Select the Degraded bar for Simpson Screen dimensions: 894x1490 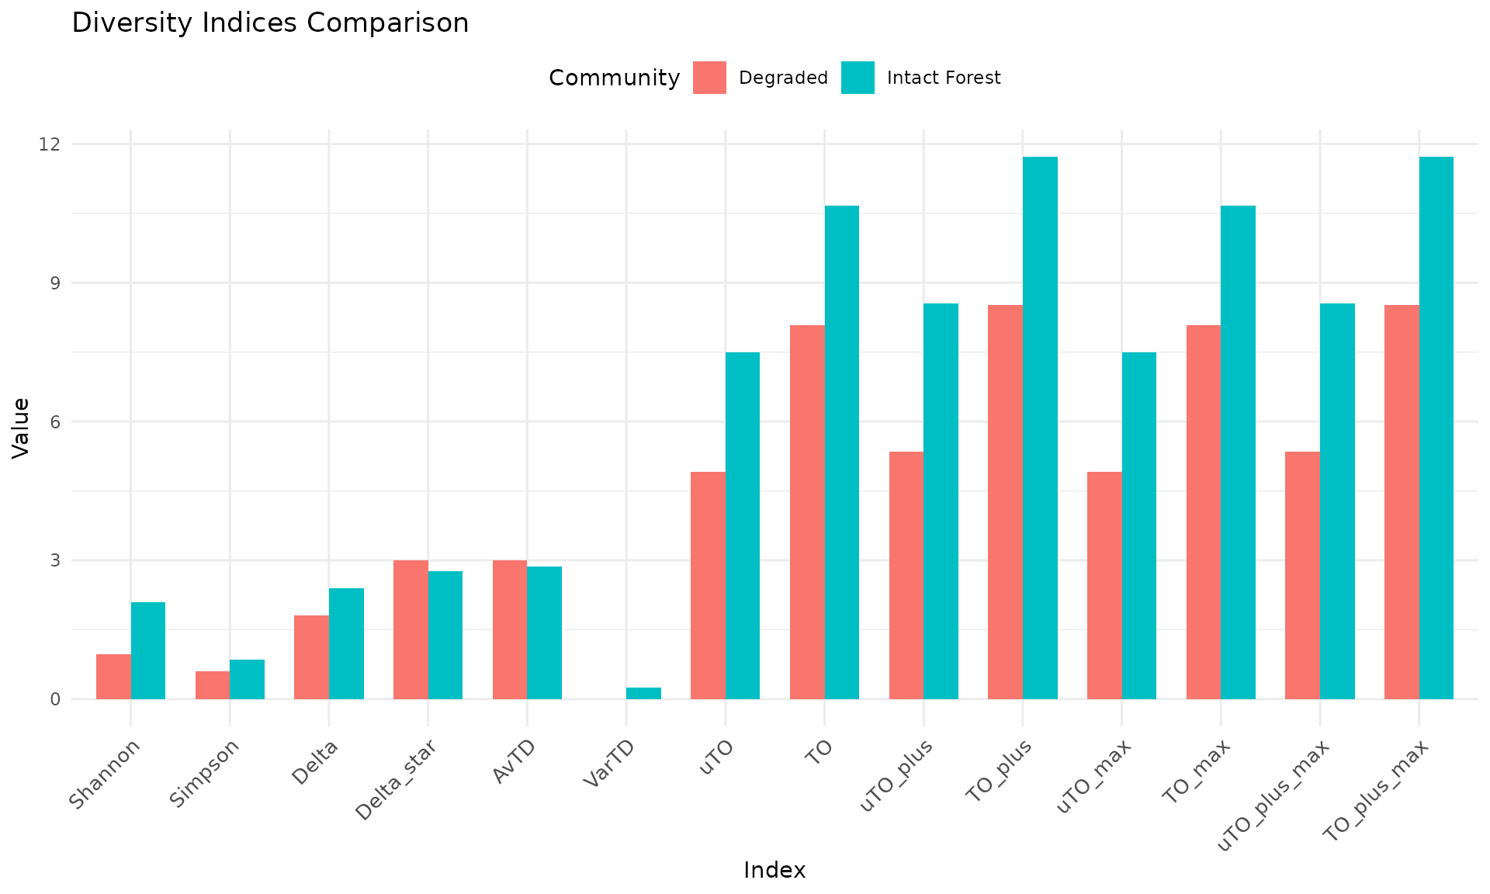213,685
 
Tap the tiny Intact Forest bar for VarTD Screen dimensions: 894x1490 643,693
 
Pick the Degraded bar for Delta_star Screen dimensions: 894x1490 411,629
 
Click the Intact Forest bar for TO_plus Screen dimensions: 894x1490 1040,428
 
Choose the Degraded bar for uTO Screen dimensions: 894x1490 708,585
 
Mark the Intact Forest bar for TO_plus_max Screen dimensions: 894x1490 1436,428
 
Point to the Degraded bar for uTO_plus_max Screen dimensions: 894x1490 1302,575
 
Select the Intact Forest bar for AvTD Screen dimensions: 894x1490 544,632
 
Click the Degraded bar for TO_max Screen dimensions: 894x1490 1204,512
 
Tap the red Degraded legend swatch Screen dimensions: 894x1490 709,78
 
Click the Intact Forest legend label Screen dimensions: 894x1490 944,78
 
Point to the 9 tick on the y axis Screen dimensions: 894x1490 55,283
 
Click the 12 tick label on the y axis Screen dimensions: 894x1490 51,144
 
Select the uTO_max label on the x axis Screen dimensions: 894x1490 1095,776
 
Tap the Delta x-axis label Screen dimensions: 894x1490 316,764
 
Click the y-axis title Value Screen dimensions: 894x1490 22,428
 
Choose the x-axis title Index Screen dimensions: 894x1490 774,871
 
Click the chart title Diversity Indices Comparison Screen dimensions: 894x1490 270,23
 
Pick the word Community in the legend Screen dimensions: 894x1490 614,78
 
